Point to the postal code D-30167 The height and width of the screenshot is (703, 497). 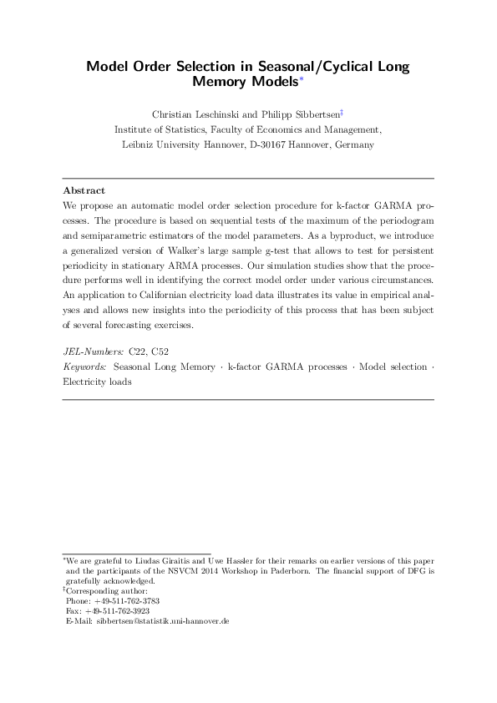(261, 144)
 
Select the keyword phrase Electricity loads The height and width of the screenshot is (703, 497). (98, 382)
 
